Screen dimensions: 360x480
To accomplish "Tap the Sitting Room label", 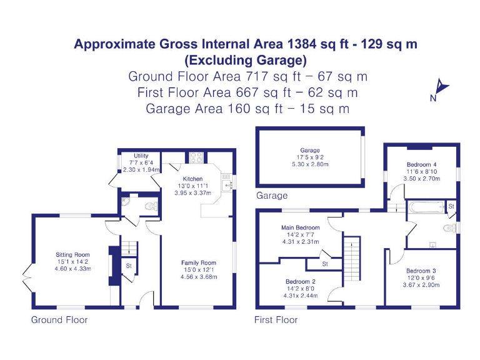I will point(72,254).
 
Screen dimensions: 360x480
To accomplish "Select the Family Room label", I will point(198,262).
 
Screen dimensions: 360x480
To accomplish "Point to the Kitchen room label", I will point(192,179).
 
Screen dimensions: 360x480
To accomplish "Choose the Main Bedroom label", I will point(301,227).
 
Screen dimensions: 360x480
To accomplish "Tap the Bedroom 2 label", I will point(301,281).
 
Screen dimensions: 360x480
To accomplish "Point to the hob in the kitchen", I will point(194,157).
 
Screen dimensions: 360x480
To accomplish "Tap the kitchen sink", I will point(229,181).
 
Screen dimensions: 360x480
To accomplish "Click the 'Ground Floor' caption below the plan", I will point(59,319).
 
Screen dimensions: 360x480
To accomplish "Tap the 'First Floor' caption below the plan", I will point(276,319).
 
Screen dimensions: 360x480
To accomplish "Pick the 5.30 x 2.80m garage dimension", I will point(309,164).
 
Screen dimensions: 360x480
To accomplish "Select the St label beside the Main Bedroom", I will point(325,264).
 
